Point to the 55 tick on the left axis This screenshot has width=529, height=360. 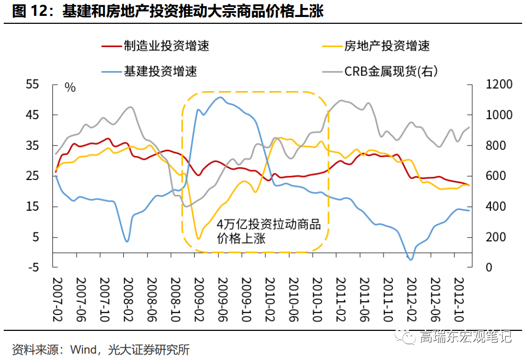33,85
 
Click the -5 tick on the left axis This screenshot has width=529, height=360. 33,268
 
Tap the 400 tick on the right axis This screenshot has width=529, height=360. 497,207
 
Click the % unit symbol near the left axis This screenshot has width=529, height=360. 70,87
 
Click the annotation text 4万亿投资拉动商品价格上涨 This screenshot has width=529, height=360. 268,231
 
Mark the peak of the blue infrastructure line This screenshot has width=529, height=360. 221,97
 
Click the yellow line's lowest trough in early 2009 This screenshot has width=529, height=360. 198,239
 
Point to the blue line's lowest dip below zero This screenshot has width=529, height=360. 411,259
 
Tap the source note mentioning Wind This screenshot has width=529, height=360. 101,349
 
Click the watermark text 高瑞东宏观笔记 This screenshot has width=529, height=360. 466,336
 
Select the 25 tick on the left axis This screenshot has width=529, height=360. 33,176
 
